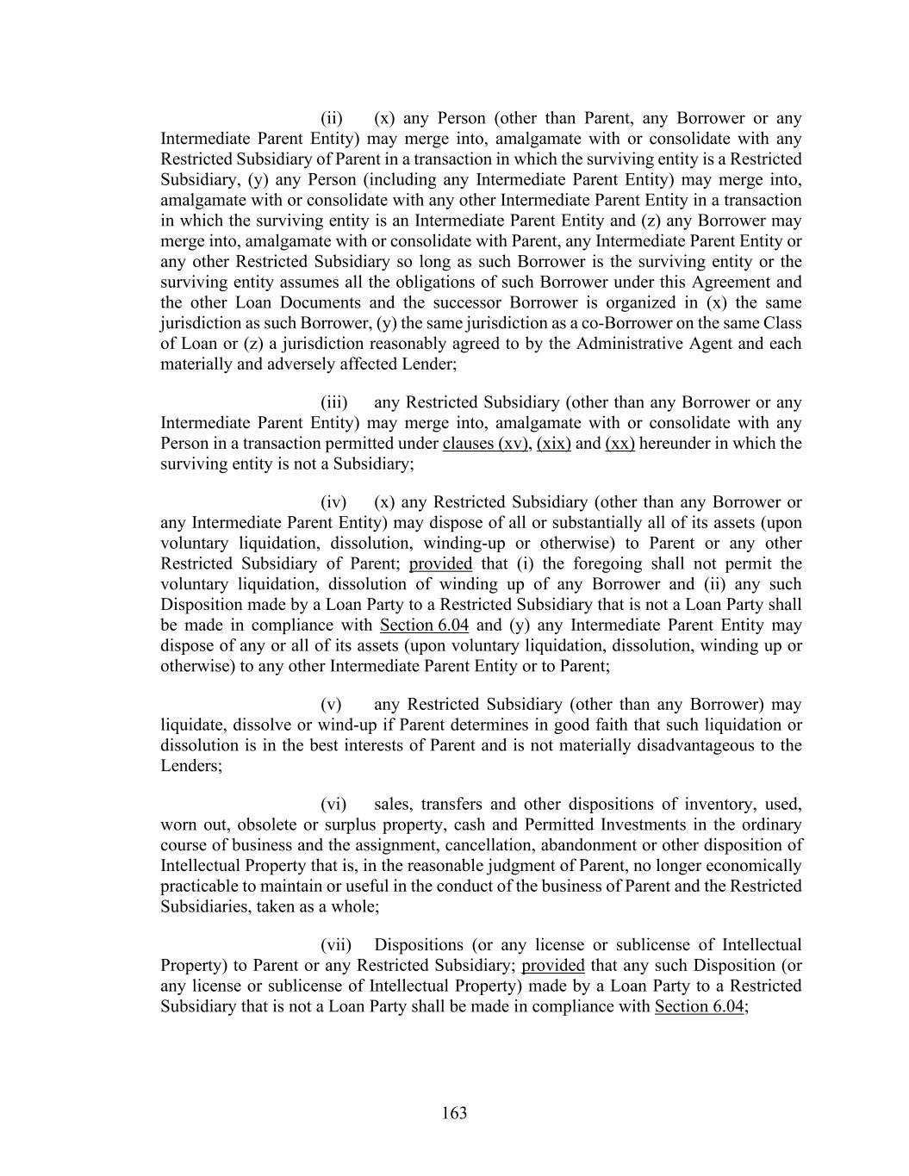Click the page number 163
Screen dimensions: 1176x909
tap(454, 1113)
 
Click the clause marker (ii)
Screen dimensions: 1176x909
tap(332, 118)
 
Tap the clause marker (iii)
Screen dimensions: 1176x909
tap(333, 402)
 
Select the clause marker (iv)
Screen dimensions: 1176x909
tap(333, 501)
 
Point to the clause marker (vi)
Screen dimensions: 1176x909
tap(333, 804)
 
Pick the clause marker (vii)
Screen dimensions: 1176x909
tap(335, 944)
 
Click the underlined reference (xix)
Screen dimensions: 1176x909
tap(554, 443)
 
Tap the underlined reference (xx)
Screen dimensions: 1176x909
tap(620, 443)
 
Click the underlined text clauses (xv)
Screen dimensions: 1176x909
tap(484, 443)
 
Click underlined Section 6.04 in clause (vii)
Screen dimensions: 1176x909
tap(699, 1005)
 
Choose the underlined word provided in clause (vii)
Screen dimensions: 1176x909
tap(553, 965)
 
